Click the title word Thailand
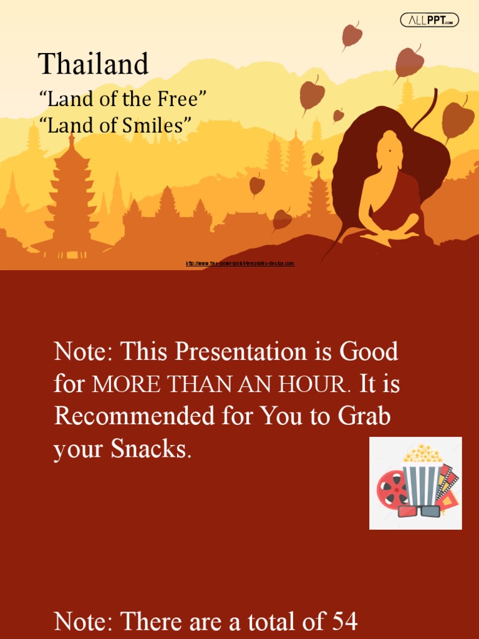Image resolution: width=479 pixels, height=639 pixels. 94,64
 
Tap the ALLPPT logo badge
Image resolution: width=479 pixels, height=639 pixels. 429,21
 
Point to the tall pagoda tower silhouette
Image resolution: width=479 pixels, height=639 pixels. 71,193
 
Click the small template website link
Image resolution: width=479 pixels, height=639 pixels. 240,264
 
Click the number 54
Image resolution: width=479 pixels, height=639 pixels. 344,622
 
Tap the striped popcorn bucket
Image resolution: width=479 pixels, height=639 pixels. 422,480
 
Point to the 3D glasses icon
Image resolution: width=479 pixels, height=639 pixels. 419,511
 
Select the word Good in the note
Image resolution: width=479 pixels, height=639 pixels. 369,352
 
